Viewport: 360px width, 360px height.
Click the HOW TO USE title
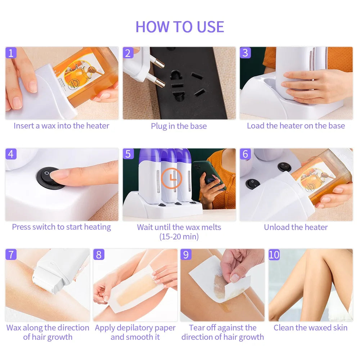[x=180, y=27]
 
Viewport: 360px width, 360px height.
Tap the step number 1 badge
[x=11, y=53]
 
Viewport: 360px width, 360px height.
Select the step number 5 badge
[x=128, y=154]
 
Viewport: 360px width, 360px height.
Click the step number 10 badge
[x=274, y=255]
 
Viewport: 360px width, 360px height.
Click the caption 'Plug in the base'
[x=179, y=126]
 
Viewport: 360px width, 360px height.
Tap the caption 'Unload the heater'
[x=296, y=227]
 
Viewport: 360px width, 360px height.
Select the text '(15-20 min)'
[x=179, y=237]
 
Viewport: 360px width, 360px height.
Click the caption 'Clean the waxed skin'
[x=310, y=328]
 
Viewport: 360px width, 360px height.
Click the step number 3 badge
[x=245, y=53]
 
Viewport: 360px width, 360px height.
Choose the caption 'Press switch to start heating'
[x=61, y=227]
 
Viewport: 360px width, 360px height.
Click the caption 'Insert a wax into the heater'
[x=61, y=126]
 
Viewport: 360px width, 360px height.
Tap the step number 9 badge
[x=186, y=255]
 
